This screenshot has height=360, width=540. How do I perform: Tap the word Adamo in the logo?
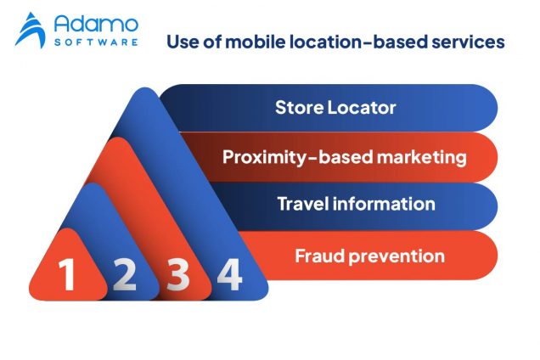tap(96, 23)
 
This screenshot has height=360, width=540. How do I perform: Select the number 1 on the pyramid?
tap(68, 275)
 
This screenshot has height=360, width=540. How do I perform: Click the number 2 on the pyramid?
tap(123, 275)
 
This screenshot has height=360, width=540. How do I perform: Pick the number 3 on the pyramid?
tap(177, 275)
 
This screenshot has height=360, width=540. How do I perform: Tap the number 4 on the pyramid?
tap(230, 275)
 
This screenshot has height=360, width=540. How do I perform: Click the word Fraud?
tap(317, 254)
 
